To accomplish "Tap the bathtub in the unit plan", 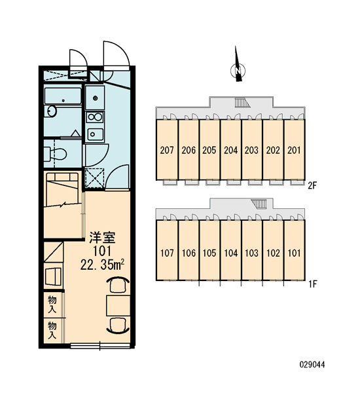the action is point(63,96).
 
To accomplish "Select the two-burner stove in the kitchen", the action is point(95,117).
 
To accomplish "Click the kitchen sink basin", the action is point(95,134).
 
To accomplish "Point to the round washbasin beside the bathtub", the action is point(52,111).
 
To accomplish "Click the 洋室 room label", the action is point(103,238).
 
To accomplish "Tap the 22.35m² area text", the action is point(102,265).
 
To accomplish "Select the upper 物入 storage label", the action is point(52,304).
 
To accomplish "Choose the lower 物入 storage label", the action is point(52,330).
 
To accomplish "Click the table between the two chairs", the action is point(118,305).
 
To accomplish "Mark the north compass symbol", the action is point(238,66).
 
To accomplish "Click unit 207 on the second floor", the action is point(167,150).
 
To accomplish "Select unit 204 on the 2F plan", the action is point(231,150).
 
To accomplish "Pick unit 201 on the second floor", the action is point(294,150).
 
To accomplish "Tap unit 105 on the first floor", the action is point(209,253).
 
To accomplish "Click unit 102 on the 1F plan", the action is point(273,253).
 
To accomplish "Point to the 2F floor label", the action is point(312,186).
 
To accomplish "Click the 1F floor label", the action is point(313,284).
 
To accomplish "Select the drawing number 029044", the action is point(312,364).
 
